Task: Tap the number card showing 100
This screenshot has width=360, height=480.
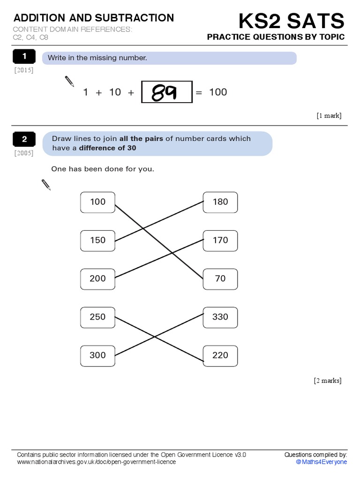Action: (x=97, y=202)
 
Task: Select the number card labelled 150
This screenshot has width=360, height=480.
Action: (x=97, y=240)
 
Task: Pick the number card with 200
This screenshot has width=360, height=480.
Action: (x=97, y=278)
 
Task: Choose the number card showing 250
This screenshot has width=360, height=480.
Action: (x=97, y=317)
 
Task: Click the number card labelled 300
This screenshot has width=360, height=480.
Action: (x=97, y=355)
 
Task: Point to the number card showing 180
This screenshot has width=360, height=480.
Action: (x=220, y=202)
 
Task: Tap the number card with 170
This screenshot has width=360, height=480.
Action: (x=220, y=240)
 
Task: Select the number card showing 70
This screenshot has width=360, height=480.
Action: (x=220, y=278)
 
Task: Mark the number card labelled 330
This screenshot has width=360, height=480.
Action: (x=220, y=317)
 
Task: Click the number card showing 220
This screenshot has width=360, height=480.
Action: (x=220, y=355)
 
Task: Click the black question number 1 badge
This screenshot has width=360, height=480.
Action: (x=24, y=57)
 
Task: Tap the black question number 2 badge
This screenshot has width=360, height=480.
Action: (x=24, y=139)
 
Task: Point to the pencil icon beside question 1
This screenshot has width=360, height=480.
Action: (x=69, y=82)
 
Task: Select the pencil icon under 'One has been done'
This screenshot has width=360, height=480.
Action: (x=46, y=185)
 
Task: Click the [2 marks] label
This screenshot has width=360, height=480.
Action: (x=328, y=381)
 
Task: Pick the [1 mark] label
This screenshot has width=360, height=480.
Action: (x=329, y=116)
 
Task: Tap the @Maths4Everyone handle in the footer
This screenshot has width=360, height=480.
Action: (x=322, y=462)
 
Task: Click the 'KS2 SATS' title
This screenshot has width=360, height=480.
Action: (x=291, y=21)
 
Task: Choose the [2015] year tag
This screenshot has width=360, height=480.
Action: (x=24, y=70)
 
